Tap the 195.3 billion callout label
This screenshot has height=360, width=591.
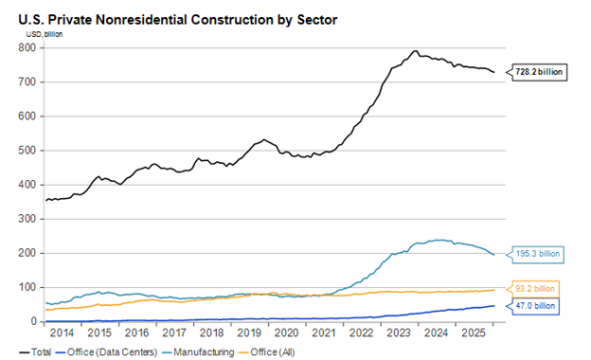(537, 254)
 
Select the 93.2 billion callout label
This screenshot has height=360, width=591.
(535, 289)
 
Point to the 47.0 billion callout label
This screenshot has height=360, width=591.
(535, 306)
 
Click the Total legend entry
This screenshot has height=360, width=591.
(35, 352)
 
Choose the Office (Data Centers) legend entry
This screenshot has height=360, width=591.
(106, 352)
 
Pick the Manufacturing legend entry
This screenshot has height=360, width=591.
(198, 352)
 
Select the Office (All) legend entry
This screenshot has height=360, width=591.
(267, 352)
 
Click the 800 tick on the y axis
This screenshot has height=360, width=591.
(27, 47)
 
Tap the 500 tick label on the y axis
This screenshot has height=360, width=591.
(27, 151)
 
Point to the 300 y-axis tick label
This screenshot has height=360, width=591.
(27, 219)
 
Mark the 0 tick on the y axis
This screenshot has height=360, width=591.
(33, 321)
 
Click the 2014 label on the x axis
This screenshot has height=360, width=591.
(62, 333)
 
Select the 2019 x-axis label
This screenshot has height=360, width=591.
(249, 333)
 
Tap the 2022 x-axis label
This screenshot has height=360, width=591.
(362, 333)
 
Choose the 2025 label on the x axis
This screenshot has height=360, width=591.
(474, 333)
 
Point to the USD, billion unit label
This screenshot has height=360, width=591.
(45, 34)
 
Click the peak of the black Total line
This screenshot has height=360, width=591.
(416, 50)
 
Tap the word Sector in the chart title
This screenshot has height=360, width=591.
(317, 20)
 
